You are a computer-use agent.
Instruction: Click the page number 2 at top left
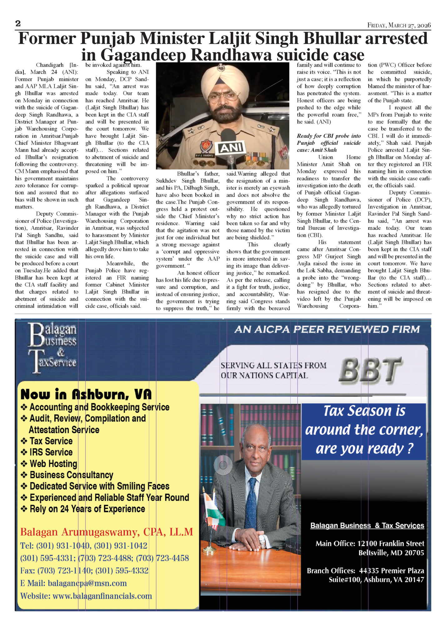coord(18,24)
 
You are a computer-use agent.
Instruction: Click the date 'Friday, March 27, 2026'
coord(399,25)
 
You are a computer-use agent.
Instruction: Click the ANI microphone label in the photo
coord(231,148)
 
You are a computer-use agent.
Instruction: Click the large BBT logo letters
coord(370,371)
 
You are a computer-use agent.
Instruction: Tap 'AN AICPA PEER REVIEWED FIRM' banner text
coord(327,329)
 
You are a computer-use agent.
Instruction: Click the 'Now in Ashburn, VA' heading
coord(86,395)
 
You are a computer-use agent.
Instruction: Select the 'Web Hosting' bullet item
coord(53,464)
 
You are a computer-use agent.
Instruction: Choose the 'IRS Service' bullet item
coord(51,452)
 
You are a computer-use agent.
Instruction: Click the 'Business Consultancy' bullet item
coord(71,475)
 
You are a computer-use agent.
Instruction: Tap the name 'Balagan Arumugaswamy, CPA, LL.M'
coord(107,532)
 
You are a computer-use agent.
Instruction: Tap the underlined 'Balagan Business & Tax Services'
coord(367,526)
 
